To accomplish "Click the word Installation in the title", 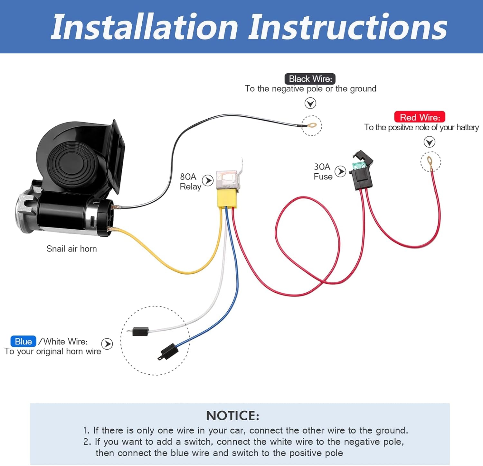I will pos(145,27).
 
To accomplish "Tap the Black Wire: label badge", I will pos(310,79).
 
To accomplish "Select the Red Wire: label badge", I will pos(420,117).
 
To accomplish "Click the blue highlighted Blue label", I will pos(23,341).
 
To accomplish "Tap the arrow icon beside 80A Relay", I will pos(208,180).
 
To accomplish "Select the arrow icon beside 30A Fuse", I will pos(340,171).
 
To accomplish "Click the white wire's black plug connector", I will pos(140,331).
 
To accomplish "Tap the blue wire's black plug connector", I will pos(168,351).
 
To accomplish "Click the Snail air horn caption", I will pos(71,249).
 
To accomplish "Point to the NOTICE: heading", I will pos(232,416).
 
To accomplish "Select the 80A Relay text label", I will pos(190,182).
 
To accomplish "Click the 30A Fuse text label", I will pos(323,172).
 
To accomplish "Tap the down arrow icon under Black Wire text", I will pos(310,104).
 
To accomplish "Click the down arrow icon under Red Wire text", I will pos(429,142).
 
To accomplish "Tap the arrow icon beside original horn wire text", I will pos(107,344).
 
